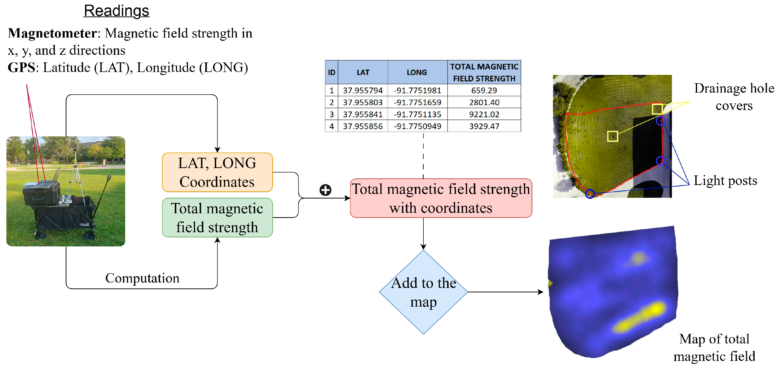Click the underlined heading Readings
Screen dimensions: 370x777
pos(117,11)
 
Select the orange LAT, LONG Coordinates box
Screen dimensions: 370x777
pos(217,172)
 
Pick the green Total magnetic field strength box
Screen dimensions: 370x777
pos(217,217)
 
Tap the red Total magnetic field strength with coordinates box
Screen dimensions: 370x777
pos(441,198)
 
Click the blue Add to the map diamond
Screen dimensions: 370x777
pos(423,292)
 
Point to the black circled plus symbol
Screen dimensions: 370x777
pos(325,190)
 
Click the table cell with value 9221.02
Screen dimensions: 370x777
pos(484,114)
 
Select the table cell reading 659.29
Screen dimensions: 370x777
pos(484,90)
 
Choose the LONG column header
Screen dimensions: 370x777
pos(417,72)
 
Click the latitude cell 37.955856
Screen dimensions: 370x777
pos(363,126)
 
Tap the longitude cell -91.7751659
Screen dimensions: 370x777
pos(417,102)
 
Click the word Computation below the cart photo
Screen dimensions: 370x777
pos(142,278)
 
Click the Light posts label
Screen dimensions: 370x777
pos(725,181)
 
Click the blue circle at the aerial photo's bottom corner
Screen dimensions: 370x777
pos(590,194)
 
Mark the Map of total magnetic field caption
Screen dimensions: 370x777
pos(714,347)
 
